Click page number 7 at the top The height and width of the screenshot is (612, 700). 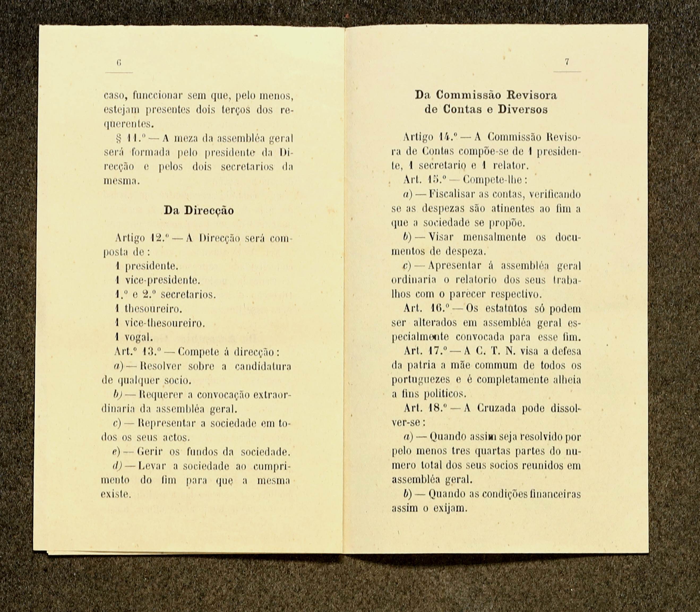tap(567, 62)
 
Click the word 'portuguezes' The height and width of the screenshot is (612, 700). tap(416, 380)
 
